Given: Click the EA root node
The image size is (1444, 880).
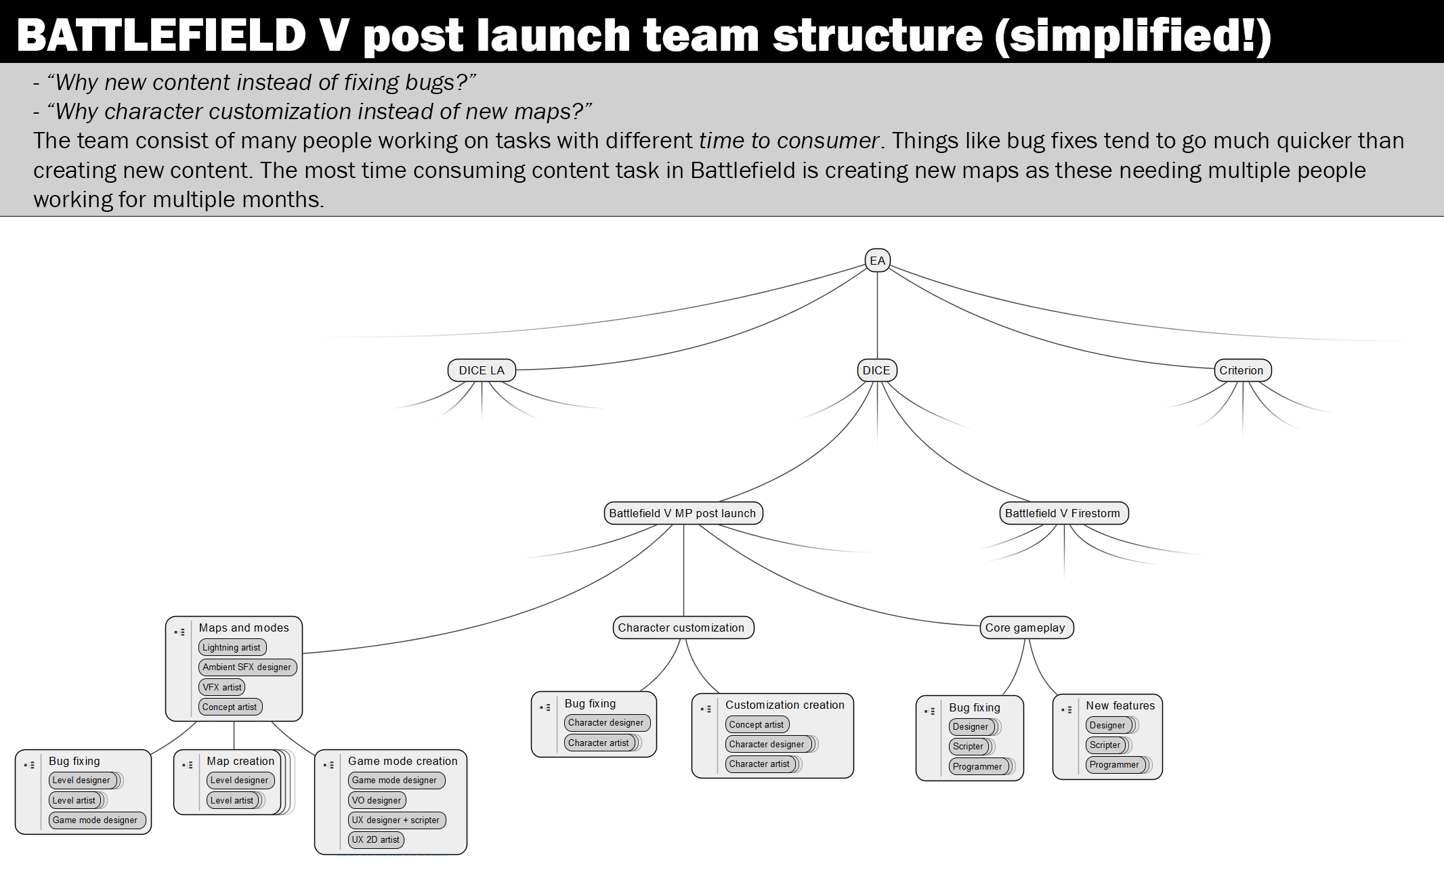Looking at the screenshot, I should coord(877,261).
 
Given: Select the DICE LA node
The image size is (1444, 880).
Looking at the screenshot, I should coord(482,370).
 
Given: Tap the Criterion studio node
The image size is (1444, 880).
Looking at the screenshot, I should coord(1242,370).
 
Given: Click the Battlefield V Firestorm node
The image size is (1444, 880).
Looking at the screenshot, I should coord(1063,513).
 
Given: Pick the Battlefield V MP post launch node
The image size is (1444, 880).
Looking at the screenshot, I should coord(683,513).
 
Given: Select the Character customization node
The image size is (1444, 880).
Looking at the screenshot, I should coord(682,628).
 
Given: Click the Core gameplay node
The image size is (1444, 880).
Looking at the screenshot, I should coord(1025,628).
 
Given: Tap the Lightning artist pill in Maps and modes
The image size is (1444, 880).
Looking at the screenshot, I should coord(232,647).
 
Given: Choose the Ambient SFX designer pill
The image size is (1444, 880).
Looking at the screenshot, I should coord(247,667).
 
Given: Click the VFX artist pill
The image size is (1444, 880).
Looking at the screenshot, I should coord(222,687).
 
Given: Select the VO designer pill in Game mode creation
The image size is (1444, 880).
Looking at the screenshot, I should coord(377,800).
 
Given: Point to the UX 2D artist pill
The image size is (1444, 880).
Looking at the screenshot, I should coord(376,839).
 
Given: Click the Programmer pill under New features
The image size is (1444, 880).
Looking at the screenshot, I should coord(1115,764).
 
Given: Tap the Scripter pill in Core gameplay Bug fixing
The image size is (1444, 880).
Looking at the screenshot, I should coord(969,746).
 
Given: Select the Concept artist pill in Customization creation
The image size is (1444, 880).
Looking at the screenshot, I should coord(757,724).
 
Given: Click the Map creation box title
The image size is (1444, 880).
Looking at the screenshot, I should coord(240,761).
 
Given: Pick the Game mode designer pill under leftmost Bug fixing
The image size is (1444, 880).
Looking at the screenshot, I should coord(95,820).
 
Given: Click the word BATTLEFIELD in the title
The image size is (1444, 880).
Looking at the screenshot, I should coord(161,35).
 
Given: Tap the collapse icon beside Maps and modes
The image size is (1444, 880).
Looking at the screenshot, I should coord(179,632).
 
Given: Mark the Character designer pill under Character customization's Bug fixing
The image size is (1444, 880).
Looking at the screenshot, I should coord(606,722).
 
